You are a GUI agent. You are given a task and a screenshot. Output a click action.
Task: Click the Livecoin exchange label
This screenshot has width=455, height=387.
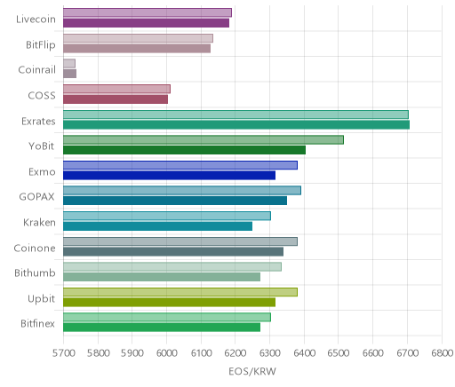coord(36,20)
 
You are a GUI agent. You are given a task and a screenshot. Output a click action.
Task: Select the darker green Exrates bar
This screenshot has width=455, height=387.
coord(236,124)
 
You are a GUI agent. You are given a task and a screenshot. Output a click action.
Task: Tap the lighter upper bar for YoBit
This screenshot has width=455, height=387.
coord(204,140)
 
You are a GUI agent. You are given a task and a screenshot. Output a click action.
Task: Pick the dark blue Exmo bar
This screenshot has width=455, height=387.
coord(169,175)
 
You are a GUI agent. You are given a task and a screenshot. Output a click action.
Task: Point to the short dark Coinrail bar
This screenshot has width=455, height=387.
coord(69,74)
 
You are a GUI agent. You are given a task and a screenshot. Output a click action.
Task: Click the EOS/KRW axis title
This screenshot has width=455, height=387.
coord(252,371)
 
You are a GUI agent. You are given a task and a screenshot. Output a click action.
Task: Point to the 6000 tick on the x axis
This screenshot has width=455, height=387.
coord(166,353)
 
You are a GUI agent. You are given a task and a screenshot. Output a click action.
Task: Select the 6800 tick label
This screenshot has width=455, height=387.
coord(442,353)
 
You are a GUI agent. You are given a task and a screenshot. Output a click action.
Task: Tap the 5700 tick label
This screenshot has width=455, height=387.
coord(63,353)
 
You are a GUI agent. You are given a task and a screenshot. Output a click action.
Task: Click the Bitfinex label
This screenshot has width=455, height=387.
coord(37,323)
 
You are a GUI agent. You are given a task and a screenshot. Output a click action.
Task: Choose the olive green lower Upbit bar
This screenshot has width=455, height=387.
coord(169,302)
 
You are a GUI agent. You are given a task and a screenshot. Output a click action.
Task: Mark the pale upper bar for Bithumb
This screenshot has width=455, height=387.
coord(172,267)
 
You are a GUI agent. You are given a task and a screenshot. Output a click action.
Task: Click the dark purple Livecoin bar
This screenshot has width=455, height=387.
coord(146,23)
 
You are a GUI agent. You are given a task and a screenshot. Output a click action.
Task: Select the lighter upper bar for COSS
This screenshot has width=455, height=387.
coord(116,89)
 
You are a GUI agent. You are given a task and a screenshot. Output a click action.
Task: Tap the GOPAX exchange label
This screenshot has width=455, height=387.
coord(36,197)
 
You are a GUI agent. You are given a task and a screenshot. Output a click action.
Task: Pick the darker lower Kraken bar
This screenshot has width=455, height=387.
coord(157,226)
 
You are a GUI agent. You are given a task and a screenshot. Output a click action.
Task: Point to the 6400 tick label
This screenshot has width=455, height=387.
coord(304,353)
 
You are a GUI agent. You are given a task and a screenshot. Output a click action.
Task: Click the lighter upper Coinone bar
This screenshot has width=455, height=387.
coord(180,241)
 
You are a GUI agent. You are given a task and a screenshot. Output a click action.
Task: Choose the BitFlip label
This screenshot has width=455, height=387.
coord(41,45)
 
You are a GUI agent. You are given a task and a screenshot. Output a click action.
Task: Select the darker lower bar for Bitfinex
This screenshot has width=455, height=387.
coord(162,328)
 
